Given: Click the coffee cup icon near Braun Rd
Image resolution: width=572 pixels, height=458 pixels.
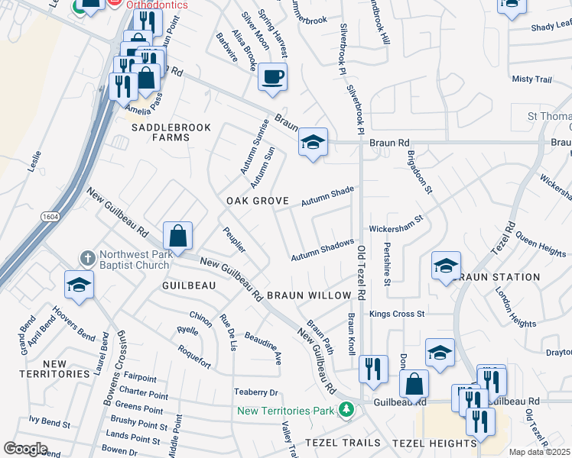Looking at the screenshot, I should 272,77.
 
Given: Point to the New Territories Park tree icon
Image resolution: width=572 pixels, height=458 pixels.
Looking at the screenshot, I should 347,410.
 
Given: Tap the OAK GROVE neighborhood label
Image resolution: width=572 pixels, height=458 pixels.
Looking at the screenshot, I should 257,201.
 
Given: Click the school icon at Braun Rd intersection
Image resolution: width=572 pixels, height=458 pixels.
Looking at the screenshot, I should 312,142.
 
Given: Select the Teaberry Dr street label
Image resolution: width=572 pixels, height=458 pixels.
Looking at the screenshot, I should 255,392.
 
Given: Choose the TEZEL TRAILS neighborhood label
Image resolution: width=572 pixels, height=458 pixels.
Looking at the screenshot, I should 343,443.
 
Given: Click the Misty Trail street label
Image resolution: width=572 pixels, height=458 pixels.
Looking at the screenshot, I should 531,79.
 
